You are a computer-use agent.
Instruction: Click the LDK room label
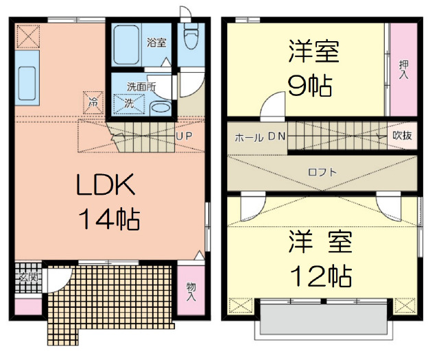[x=106, y=184]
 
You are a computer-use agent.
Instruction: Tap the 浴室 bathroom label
[x=156, y=43]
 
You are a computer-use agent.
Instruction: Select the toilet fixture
[x=191, y=36]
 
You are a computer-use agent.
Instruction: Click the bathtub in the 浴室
[x=126, y=45]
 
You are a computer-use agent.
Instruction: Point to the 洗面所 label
[x=141, y=87]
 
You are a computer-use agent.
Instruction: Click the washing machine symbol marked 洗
[x=129, y=104]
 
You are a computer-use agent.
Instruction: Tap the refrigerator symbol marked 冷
[x=93, y=102]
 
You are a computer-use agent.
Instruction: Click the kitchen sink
[x=27, y=83]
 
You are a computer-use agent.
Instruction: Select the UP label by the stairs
[x=184, y=136]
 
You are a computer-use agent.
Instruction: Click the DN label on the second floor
[x=277, y=136]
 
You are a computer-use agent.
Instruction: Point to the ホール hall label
[x=249, y=138]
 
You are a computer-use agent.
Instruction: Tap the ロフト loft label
[x=322, y=172]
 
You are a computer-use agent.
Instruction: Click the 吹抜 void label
[x=403, y=136]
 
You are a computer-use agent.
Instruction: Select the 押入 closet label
[x=403, y=69]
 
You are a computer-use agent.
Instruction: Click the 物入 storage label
[x=191, y=291]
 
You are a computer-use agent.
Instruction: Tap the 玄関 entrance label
[x=28, y=278]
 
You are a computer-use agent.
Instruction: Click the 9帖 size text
[x=310, y=86]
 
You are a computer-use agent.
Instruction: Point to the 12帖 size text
[x=321, y=276]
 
